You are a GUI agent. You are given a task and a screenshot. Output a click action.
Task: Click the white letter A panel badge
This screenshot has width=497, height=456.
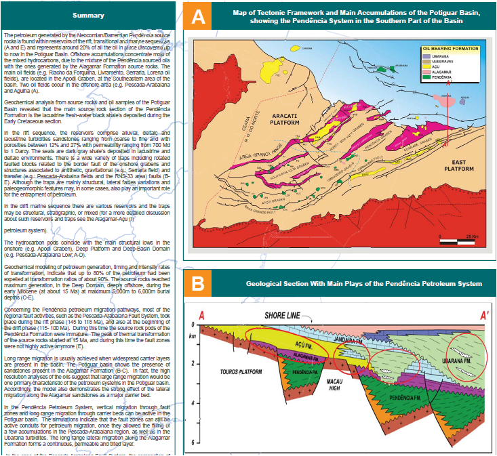coord(198,18)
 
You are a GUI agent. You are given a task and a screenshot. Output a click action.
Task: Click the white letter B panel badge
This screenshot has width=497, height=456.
coord(198,283)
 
